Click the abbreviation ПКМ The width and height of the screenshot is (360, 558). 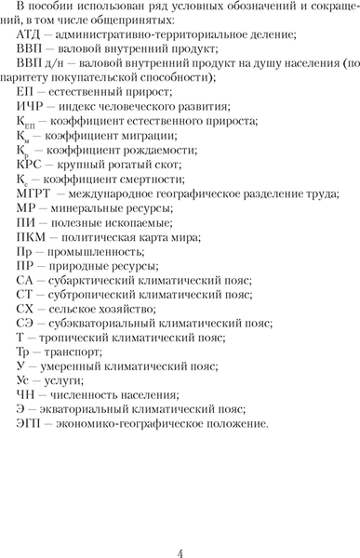pyautogui.click(x=33, y=263)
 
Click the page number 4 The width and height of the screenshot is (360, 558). pyautogui.click(x=180, y=529)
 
